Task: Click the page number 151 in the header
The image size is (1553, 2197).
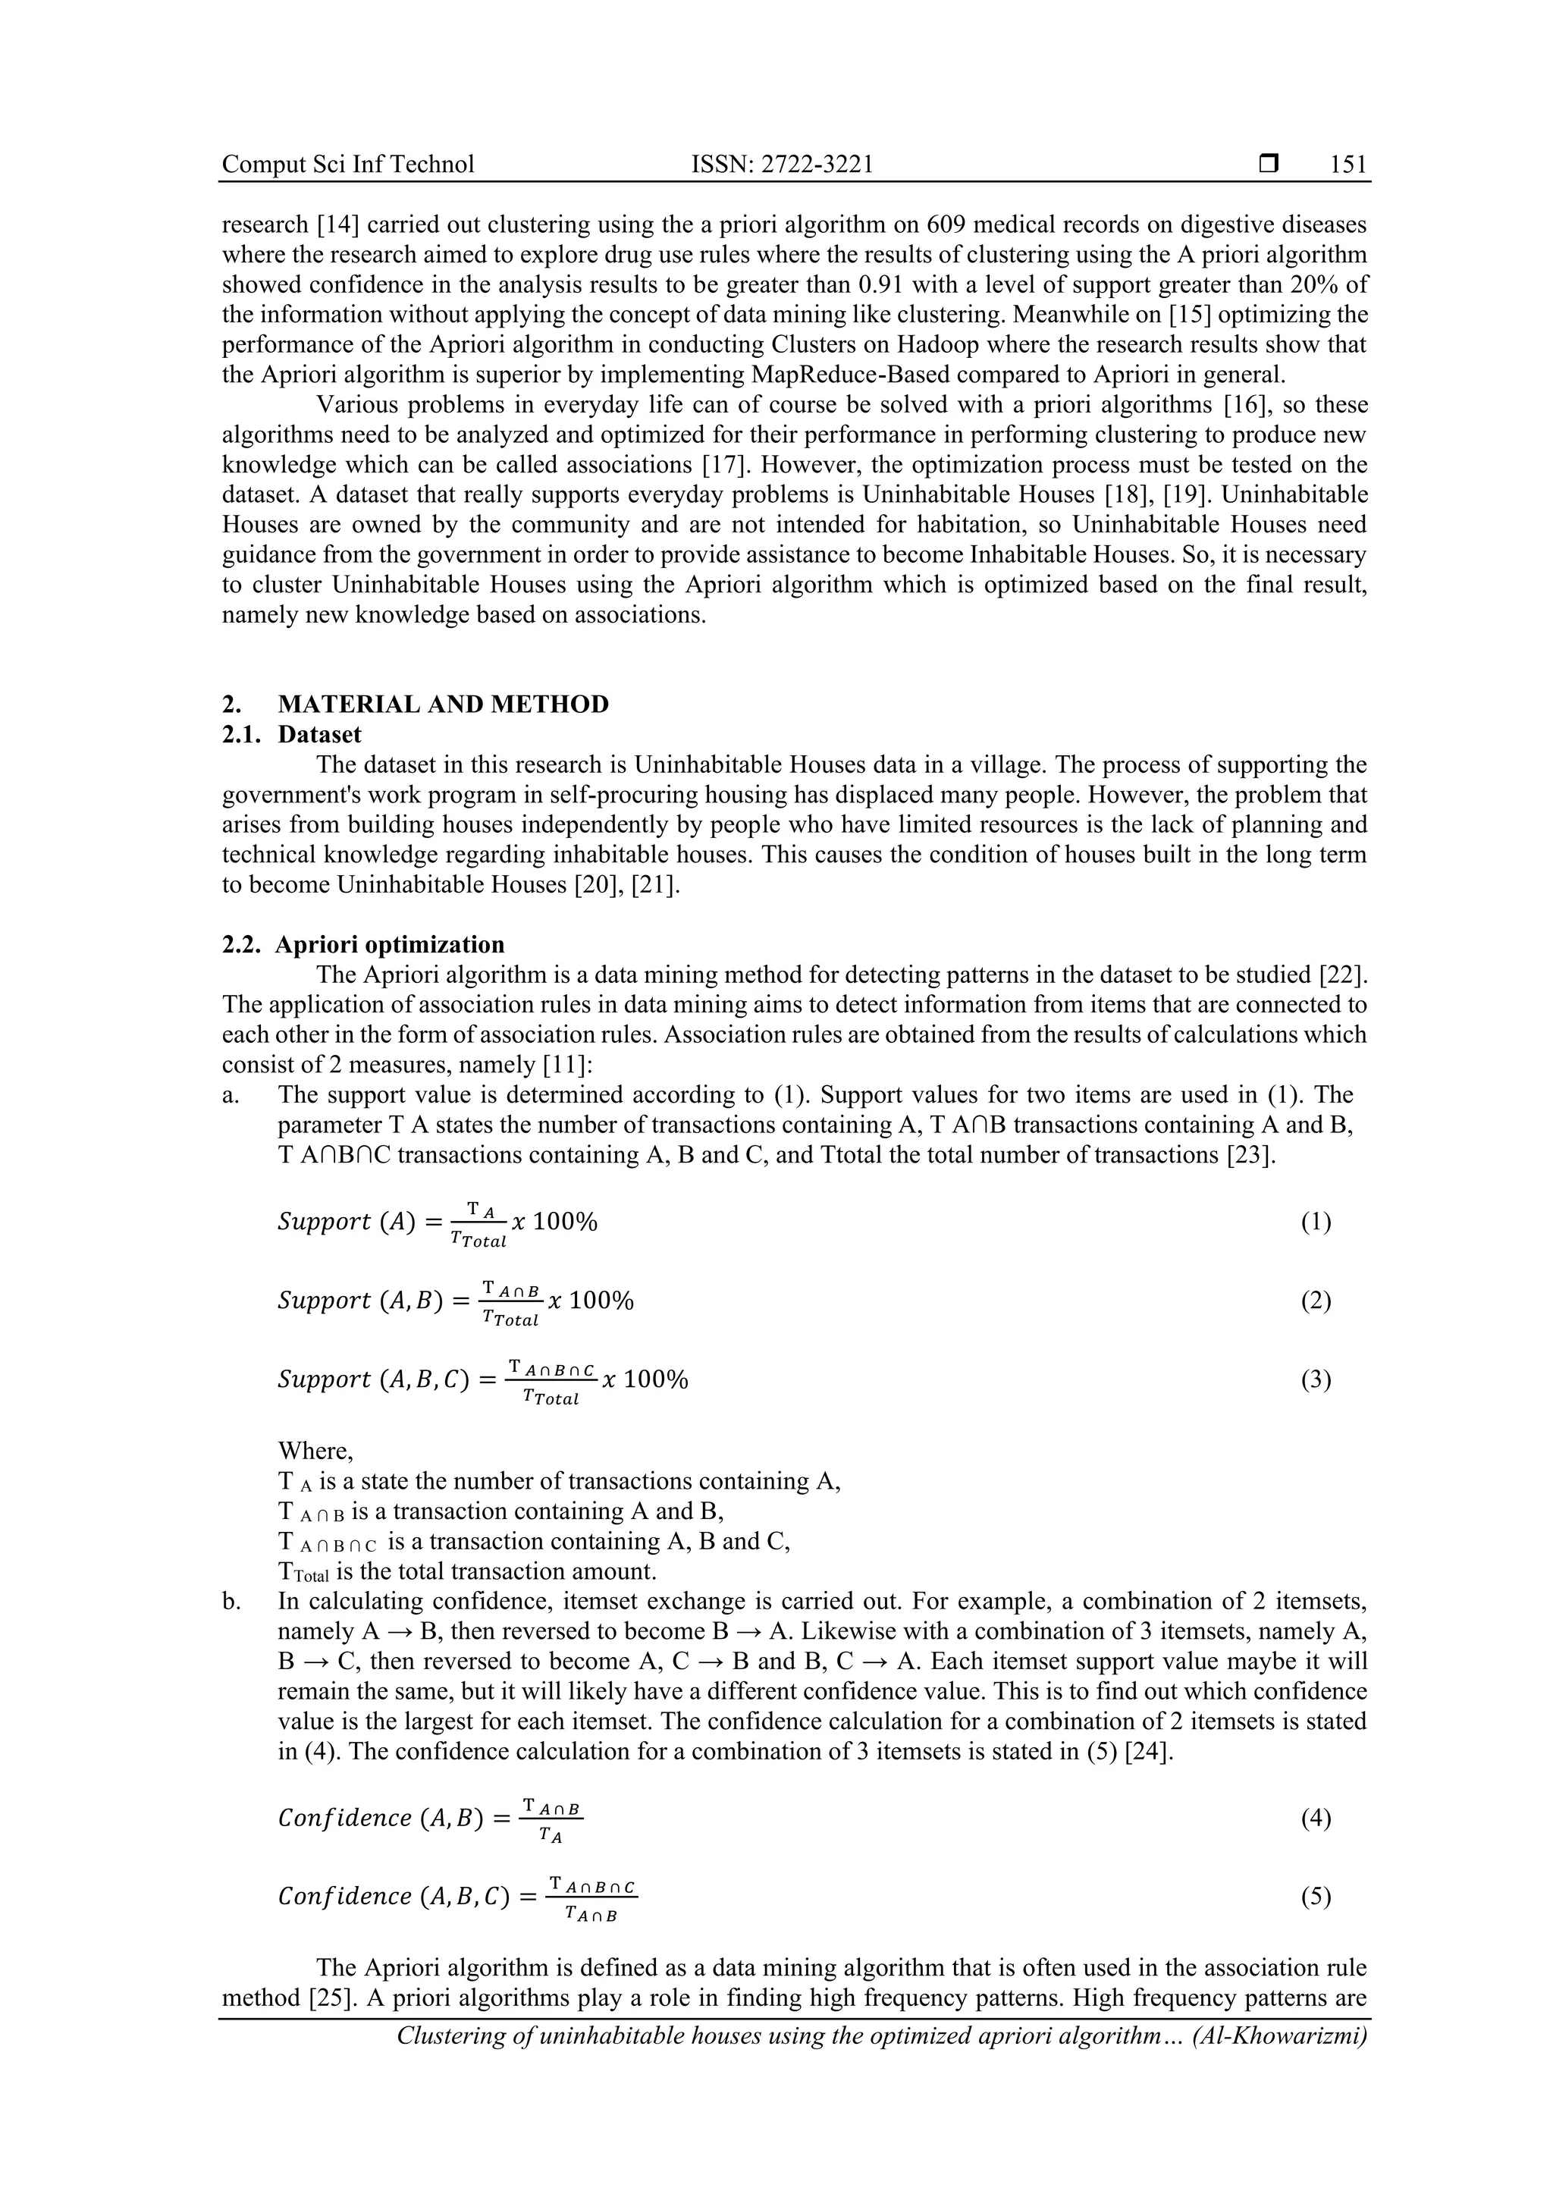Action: [x=1348, y=165]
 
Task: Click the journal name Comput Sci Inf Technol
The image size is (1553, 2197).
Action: [x=347, y=165]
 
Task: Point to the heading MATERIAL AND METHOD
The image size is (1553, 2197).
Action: [x=443, y=705]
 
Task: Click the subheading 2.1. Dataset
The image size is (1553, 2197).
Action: [x=292, y=734]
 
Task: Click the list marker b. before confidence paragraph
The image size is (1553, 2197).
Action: [x=231, y=1601]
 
